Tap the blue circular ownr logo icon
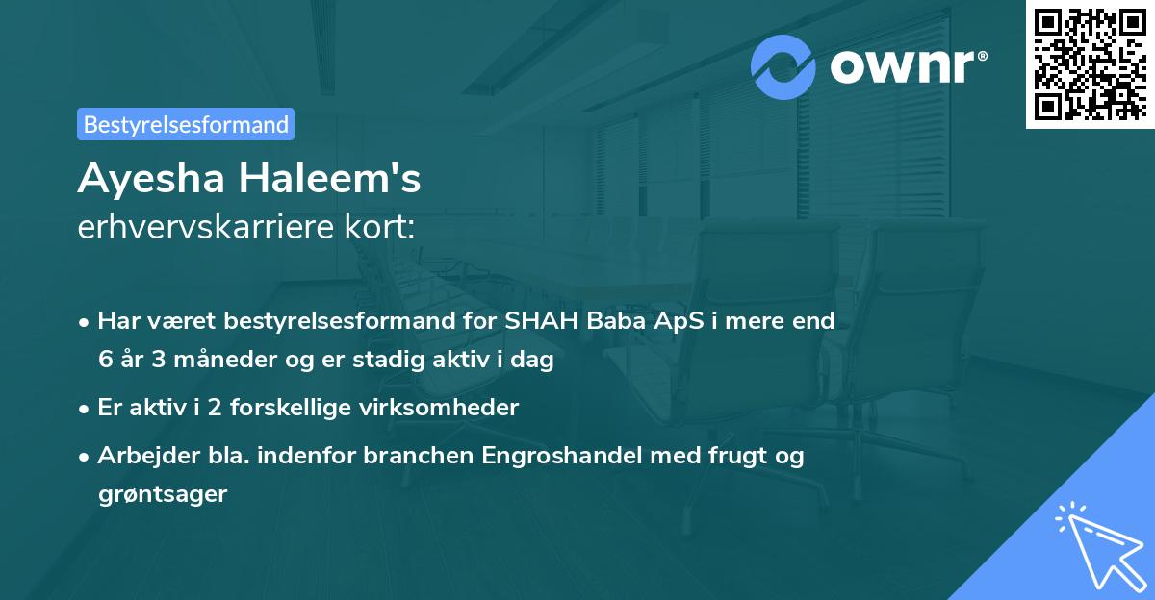pyautogui.click(x=784, y=67)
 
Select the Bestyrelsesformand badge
pyautogui.click(x=186, y=124)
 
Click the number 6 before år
pyautogui.click(x=105, y=360)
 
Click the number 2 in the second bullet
pyautogui.click(x=213, y=407)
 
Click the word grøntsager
pyautogui.click(x=162, y=494)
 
